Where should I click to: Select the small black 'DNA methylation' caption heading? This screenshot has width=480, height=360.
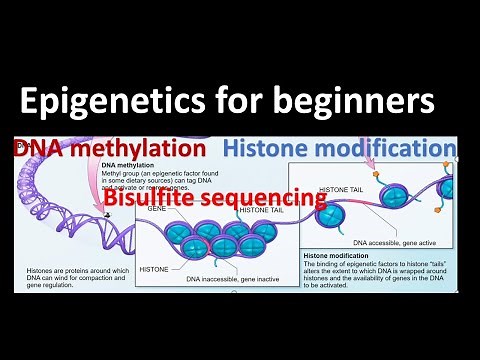[x=130, y=166]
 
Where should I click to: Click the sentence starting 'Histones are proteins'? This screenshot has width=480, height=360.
[x=74, y=276]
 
